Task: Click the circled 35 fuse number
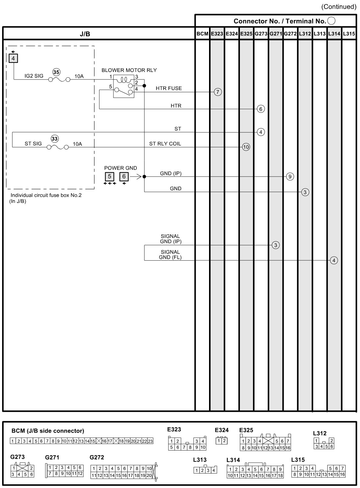[x=56, y=72]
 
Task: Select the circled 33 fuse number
[x=54, y=139]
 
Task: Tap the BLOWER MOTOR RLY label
[x=129, y=70]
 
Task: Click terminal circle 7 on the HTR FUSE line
[x=218, y=92]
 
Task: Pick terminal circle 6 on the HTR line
[x=261, y=109]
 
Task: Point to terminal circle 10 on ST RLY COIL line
[x=246, y=147]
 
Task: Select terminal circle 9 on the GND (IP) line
[x=290, y=177]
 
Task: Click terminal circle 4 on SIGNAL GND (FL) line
[x=334, y=260]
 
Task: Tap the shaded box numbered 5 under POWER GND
[x=110, y=177]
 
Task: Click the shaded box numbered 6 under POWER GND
[x=124, y=177]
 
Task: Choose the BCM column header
[x=202, y=34]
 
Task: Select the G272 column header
[x=290, y=34]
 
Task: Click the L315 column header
[x=349, y=34]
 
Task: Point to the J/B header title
[x=85, y=34]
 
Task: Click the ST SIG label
[x=33, y=144]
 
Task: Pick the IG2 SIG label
[x=34, y=76]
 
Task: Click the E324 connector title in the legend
[x=222, y=430]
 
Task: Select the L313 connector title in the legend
[x=200, y=460]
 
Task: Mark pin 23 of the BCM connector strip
[x=150, y=441]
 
